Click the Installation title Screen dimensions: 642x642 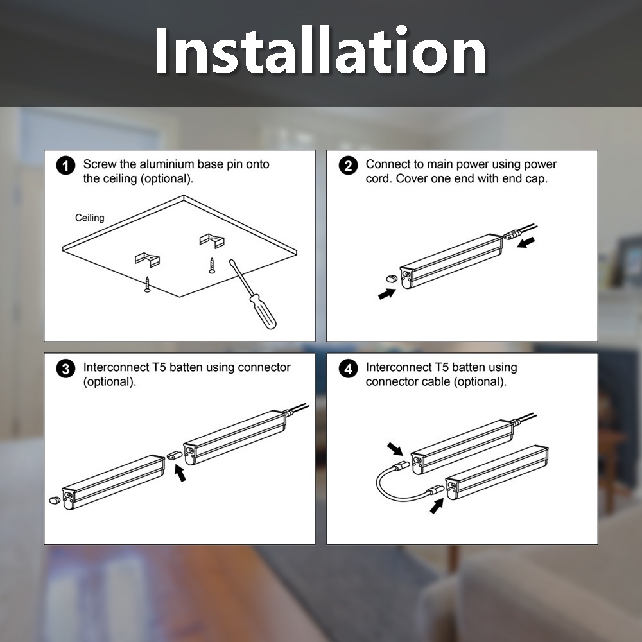320,50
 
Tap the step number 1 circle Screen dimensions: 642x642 65,166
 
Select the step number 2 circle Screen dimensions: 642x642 348,166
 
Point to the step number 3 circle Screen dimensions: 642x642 65,369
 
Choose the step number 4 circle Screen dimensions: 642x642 348,369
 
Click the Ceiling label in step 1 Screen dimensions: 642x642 90,218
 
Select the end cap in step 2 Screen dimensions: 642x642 392,279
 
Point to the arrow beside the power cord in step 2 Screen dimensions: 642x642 526,242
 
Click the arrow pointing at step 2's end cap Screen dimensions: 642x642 387,293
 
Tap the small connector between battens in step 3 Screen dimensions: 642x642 175,455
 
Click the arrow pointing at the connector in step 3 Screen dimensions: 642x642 180,473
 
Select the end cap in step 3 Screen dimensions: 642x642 55,500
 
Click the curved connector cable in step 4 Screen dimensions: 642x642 385,490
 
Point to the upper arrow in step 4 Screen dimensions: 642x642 395,449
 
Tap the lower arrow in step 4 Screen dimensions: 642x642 437,506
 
